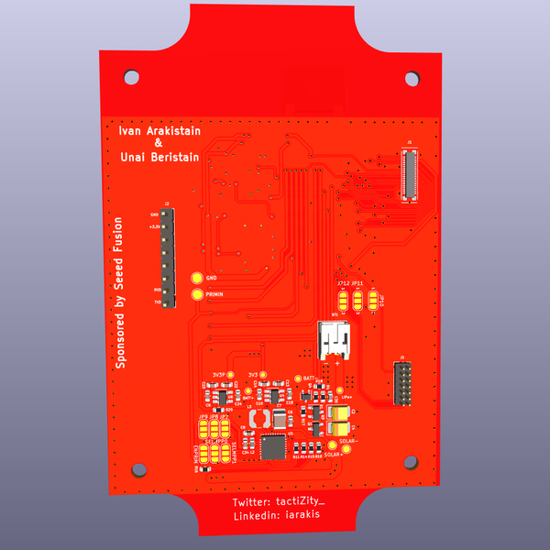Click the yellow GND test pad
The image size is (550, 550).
(x=196, y=278)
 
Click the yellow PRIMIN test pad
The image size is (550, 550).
(x=196, y=294)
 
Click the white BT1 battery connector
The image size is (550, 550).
(x=335, y=340)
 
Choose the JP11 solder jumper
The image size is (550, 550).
(x=358, y=298)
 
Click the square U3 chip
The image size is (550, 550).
(x=274, y=446)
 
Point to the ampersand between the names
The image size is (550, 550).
(x=158, y=144)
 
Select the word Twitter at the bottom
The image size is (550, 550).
(x=251, y=503)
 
